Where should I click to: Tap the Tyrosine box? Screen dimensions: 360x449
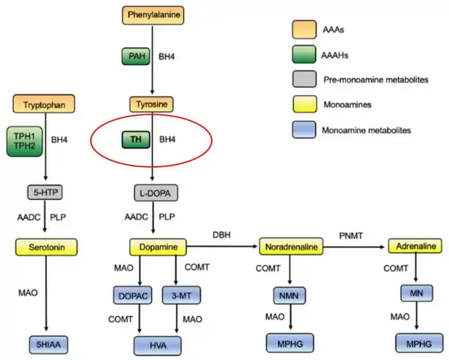coord(151,103)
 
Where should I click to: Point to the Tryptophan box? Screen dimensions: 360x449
coord(44,103)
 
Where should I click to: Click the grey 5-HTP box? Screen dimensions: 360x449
coord(45,192)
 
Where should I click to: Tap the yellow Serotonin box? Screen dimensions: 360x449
coord(45,246)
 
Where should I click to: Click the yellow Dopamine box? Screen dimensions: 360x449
coord(158,246)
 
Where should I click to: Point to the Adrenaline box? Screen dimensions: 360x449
coord(416,246)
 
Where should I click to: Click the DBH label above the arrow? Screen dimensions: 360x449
coord(222,236)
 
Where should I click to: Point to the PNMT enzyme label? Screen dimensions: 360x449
coord(351,236)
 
